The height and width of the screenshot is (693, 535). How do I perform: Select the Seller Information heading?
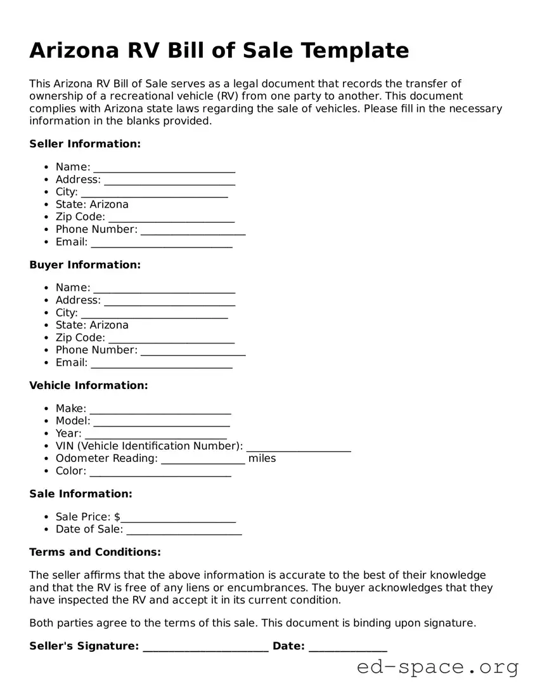pyautogui.click(x=85, y=144)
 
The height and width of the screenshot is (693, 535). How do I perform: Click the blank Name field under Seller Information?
pyautogui.click(x=164, y=168)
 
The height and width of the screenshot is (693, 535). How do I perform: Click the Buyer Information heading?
pyautogui.click(x=85, y=265)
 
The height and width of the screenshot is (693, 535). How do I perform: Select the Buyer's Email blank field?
pyautogui.click(x=162, y=364)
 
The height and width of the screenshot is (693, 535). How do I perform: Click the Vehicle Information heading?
pyautogui.click(x=89, y=385)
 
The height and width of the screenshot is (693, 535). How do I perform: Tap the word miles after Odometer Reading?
pyautogui.click(x=262, y=458)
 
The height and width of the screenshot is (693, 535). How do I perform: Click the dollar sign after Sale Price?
pyautogui.click(x=117, y=517)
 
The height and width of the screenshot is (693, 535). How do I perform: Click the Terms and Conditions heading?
pyautogui.click(x=95, y=552)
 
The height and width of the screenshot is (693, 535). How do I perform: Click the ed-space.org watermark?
pyautogui.click(x=437, y=667)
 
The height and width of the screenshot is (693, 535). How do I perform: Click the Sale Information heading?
pyautogui.click(x=81, y=494)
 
